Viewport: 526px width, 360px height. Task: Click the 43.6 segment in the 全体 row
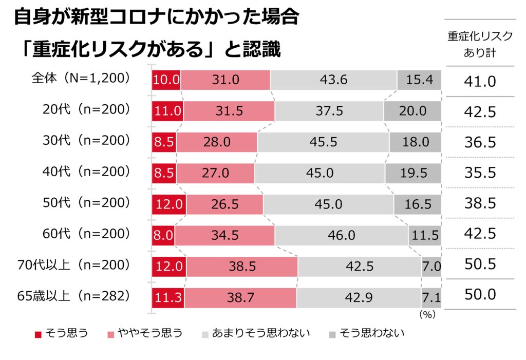tap(333, 80)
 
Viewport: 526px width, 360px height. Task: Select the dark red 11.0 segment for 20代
tap(167, 111)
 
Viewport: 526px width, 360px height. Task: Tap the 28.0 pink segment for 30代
tap(216, 142)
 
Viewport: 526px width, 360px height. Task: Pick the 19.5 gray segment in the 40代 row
tap(413, 173)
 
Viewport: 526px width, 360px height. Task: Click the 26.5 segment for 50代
tap(224, 204)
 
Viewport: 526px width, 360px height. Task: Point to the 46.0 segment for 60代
tap(341, 235)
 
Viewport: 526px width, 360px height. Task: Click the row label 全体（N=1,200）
tap(80, 79)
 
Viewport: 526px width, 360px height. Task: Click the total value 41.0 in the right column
tap(480, 81)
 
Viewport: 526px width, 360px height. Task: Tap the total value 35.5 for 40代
tap(480, 173)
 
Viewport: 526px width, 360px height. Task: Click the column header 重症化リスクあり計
tap(480, 44)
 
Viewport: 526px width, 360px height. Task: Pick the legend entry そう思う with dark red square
tap(61, 333)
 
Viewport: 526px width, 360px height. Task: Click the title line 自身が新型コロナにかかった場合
tap(156, 18)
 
